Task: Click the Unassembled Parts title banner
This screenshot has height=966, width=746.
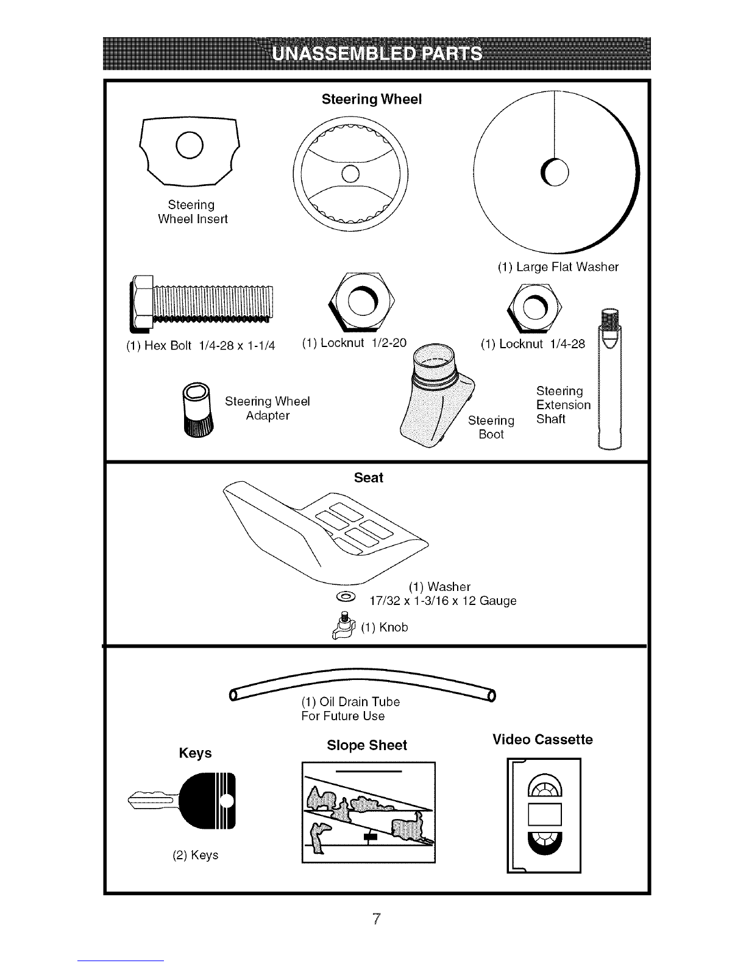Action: pos(377,53)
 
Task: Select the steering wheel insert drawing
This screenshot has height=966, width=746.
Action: pos(190,152)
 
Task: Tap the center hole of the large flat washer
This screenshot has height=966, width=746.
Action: pos(555,172)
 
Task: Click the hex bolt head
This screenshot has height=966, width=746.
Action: pos(141,304)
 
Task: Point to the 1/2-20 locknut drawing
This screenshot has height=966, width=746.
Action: pos(361,302)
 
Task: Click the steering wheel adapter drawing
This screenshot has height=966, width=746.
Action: pos(197,409)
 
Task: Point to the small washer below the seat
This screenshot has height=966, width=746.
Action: pos(346,597)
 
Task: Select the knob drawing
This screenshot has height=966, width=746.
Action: pos(344,626)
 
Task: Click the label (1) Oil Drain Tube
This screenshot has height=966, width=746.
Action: pos(350,701)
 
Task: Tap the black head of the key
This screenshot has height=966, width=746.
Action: pos(207,801)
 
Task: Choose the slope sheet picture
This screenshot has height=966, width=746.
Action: pos(368,812)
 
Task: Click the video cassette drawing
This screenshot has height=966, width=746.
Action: pos(544,815)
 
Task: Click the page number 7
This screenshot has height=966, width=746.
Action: pos(377,918)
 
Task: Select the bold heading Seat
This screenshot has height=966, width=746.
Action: pos(368,478)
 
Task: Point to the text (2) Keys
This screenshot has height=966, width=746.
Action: pos(196,855)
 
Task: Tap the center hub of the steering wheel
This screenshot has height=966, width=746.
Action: pos(350,174)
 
